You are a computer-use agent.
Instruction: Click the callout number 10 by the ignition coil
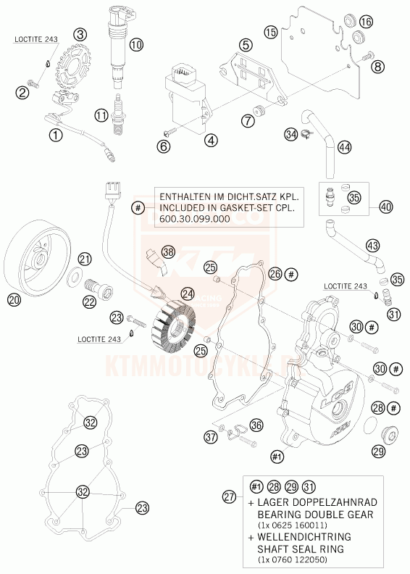137,44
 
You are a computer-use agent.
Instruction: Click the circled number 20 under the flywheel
14,299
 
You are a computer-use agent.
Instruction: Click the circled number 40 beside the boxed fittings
385,207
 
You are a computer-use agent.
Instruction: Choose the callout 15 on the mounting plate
271,32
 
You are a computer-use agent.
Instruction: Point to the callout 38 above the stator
169,252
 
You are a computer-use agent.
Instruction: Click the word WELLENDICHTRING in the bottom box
304,538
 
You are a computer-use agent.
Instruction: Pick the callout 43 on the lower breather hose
372,246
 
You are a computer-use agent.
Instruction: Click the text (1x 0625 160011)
304,525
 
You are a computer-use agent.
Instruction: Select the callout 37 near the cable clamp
210,436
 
